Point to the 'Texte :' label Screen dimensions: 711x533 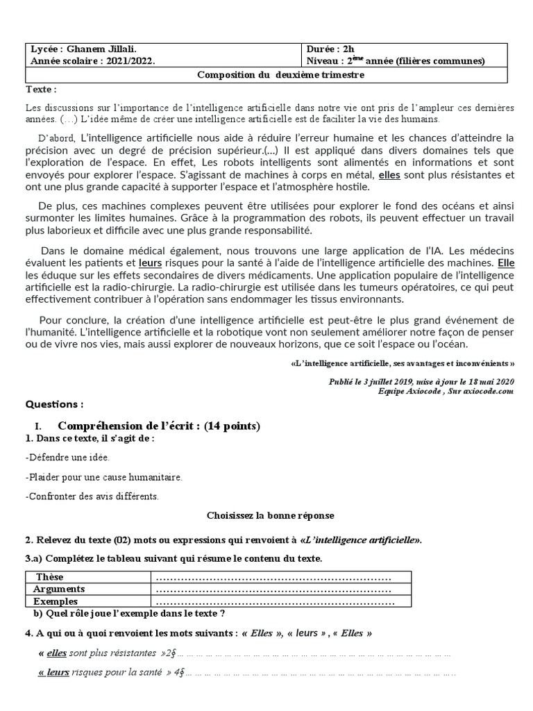(41, 90)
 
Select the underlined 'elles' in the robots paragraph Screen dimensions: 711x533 (389, 175)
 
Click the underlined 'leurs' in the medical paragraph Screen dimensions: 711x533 (151, 263)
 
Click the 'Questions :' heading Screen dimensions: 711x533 (54, 404)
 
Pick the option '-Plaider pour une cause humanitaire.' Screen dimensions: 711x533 (103, 477)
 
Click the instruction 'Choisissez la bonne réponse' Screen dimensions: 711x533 (271, 516)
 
